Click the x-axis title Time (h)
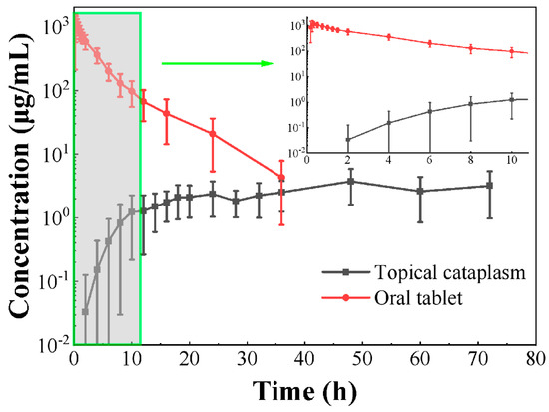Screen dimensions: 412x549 click(305, 391)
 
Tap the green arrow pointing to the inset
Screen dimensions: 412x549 click(216, 65)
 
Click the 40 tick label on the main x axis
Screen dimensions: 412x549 click(305, 360)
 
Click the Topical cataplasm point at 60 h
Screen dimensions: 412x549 click(421, 191)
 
